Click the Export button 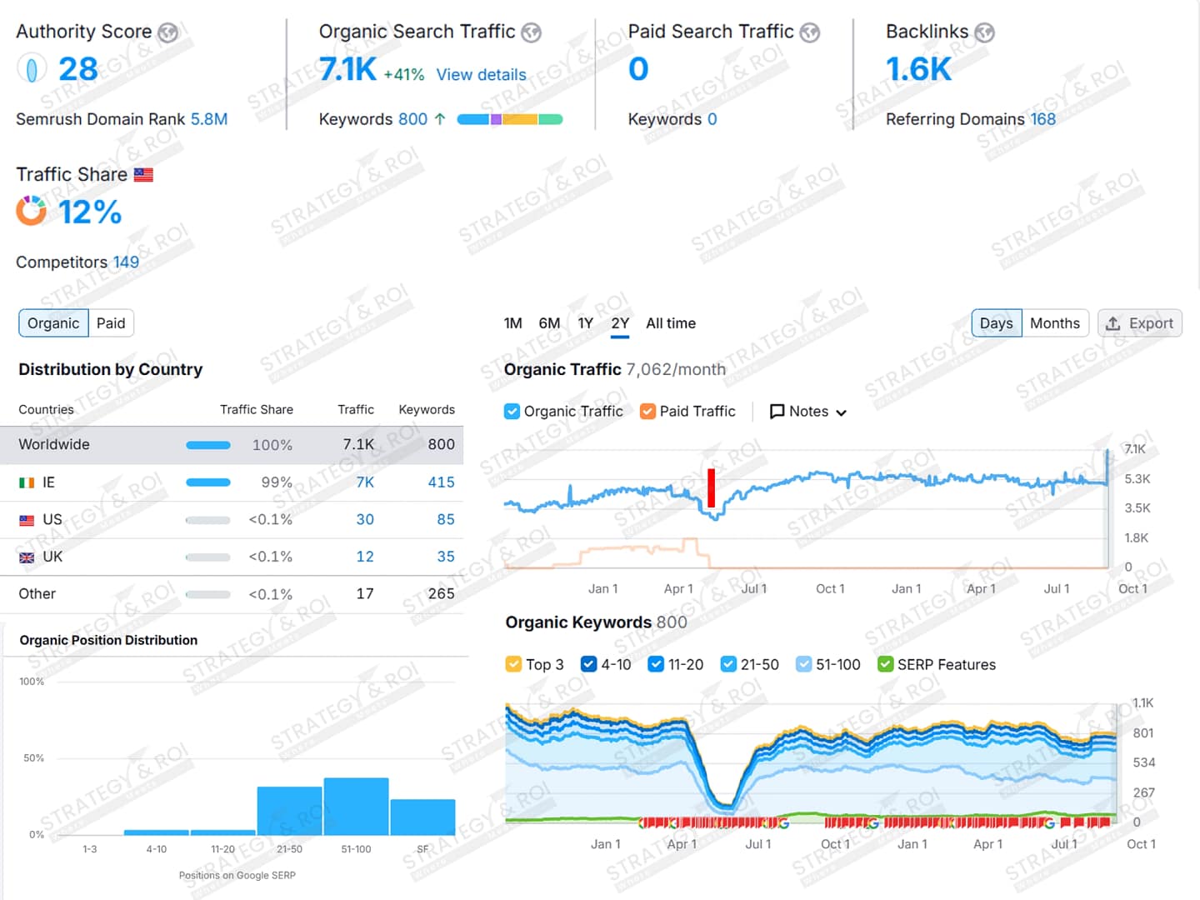point(1139,323)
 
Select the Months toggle point(1054,323)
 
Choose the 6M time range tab point(549,323)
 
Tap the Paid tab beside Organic point(111,323)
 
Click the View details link point(481,75)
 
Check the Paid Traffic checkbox point(647,412)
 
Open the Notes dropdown point(807,412)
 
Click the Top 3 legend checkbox point(513,664)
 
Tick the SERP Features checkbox point(886,664)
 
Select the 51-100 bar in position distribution point(356,806)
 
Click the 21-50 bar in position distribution point(289,810)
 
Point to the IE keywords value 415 point(441,482)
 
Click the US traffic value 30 point(365,520)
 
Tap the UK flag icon point(27,557)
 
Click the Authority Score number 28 point(78,69)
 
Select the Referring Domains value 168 point(1042,119)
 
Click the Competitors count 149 point(126,262)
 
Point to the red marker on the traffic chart point(711,487)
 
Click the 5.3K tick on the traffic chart point(1137,479)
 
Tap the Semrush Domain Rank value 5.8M point(208,119)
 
